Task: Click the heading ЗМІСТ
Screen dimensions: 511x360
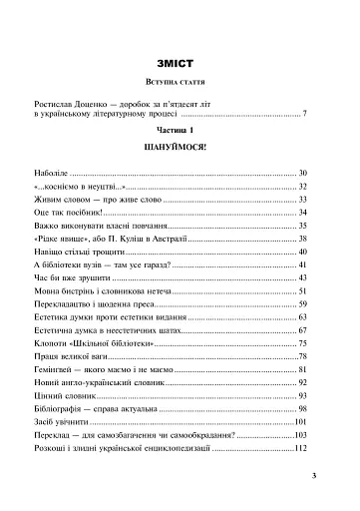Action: pos(180,50)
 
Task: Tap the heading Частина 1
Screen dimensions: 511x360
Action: pos(180,132)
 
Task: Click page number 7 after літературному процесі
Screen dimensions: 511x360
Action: pos(304,117)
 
